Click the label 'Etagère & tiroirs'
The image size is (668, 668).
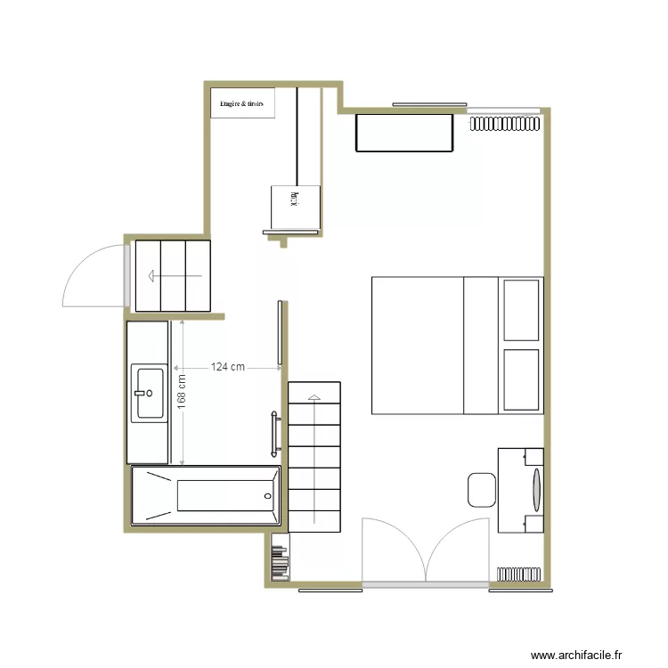point(242,103)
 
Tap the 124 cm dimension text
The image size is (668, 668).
point(228,367)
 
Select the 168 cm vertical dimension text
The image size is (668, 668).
point(182,392)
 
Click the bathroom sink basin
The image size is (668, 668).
point(148,392)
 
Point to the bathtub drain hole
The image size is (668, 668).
point(267,495)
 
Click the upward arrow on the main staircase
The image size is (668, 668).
point(314,454)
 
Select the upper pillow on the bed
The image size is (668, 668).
point(521,310)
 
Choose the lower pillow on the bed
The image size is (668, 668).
point(521,379)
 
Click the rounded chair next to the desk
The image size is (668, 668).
point(481,490)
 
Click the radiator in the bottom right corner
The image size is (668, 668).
point(520,574)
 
